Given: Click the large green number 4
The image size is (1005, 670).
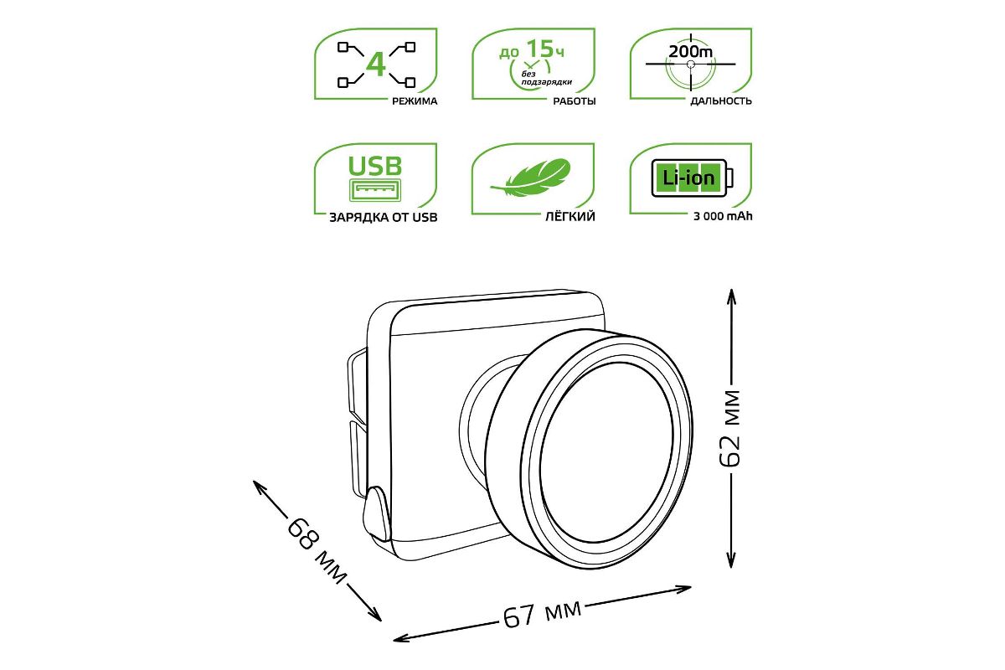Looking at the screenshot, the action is (375, 64).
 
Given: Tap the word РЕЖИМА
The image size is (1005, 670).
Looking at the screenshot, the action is (415, 101).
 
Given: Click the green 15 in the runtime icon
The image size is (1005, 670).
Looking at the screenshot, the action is (539, 49).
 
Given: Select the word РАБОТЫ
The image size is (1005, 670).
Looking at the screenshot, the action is (575, 101).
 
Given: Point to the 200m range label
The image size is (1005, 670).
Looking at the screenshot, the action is (690, 52).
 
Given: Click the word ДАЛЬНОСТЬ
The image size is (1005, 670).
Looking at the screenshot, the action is (721, 101).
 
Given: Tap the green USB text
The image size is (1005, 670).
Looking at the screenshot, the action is (375, 166).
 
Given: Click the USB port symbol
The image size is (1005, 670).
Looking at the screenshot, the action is (375, 190).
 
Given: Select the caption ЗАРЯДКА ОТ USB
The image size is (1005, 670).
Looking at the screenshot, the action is (384, 218).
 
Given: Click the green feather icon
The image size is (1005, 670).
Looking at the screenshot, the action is (532, 178).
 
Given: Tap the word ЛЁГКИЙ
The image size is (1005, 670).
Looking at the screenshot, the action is (569, 217).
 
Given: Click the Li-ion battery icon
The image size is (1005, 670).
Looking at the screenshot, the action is (693, 178).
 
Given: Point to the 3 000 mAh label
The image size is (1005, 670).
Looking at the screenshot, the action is (723, 217).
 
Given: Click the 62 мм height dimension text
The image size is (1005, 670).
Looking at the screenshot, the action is (731, 429).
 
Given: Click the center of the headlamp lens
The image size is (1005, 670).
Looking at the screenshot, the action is (607, 456).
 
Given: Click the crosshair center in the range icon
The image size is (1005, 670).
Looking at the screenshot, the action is (690, 64).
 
